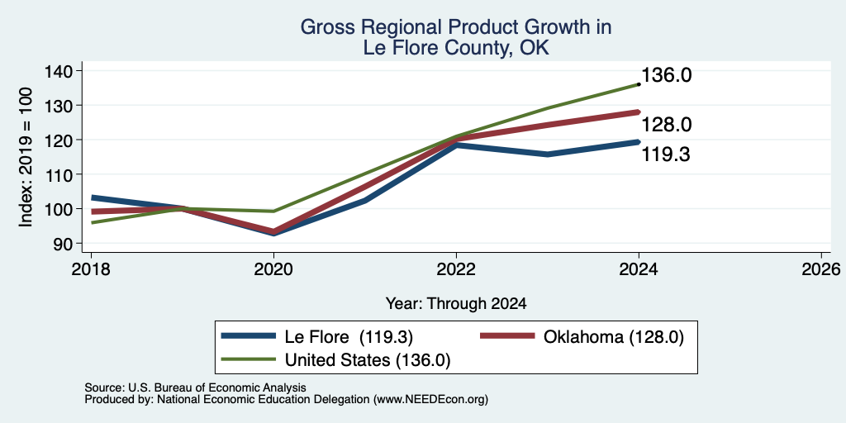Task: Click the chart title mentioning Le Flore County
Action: click(x=455, y=37)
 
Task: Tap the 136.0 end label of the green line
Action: click(x=667, y=75)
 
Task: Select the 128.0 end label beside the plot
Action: click(x=667, y=126)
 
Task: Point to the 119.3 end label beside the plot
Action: click(x=667, y=155)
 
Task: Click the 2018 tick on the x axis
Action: click(x=91, y=269)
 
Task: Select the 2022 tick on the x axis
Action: click(x=456, y=269)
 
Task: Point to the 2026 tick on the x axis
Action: click(x=821, y=269)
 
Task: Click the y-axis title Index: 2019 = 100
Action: click(x=26, y=157)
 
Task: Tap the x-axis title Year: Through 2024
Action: click(x=456, y=304)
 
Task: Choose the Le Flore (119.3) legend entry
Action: click(x=317, y=337)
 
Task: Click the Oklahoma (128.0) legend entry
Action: click(x=582, y=337)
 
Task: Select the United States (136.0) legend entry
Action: click(x=335, y=360)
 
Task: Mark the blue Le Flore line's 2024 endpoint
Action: click(x=639, y=142)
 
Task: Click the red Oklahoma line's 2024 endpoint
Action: click(x=639, y=112)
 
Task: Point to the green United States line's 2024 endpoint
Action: click(x=639, y=84)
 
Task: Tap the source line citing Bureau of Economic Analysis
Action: click(x=195, y=387)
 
